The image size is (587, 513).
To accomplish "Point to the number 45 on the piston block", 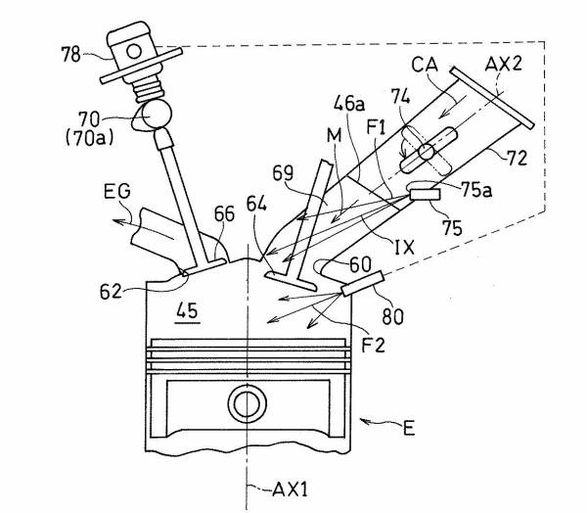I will (185, 312).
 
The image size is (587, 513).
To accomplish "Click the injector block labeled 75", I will (427, 196).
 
